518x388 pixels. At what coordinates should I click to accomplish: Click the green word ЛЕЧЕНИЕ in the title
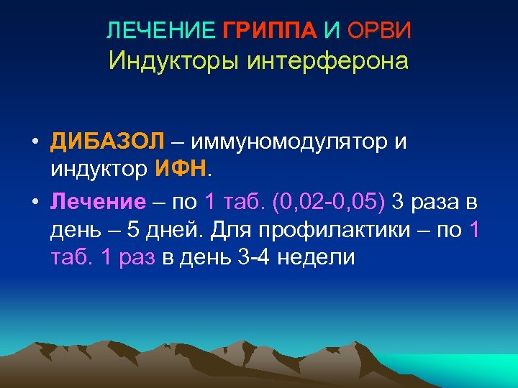[160, 31]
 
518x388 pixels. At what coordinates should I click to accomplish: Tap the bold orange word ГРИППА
[270, 31]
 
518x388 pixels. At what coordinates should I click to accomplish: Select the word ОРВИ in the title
[381, 31]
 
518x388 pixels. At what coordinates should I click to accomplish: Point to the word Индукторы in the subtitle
[175, 60]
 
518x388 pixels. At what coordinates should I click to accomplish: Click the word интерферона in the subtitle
[327, 60]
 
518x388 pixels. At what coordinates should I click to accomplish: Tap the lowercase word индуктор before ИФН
[99, 170]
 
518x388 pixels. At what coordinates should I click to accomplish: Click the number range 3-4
[255, 258]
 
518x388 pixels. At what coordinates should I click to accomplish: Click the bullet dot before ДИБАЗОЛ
[34, 142]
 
